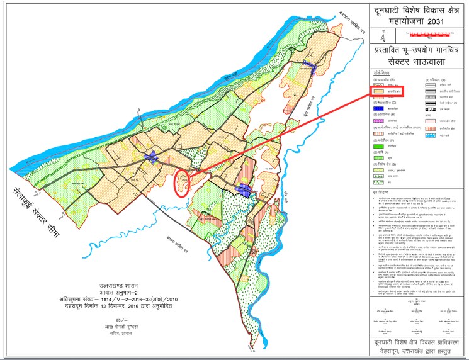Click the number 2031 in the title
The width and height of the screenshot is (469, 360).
439,23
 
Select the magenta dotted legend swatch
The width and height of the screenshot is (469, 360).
380,120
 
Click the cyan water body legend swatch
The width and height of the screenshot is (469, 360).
430,135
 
